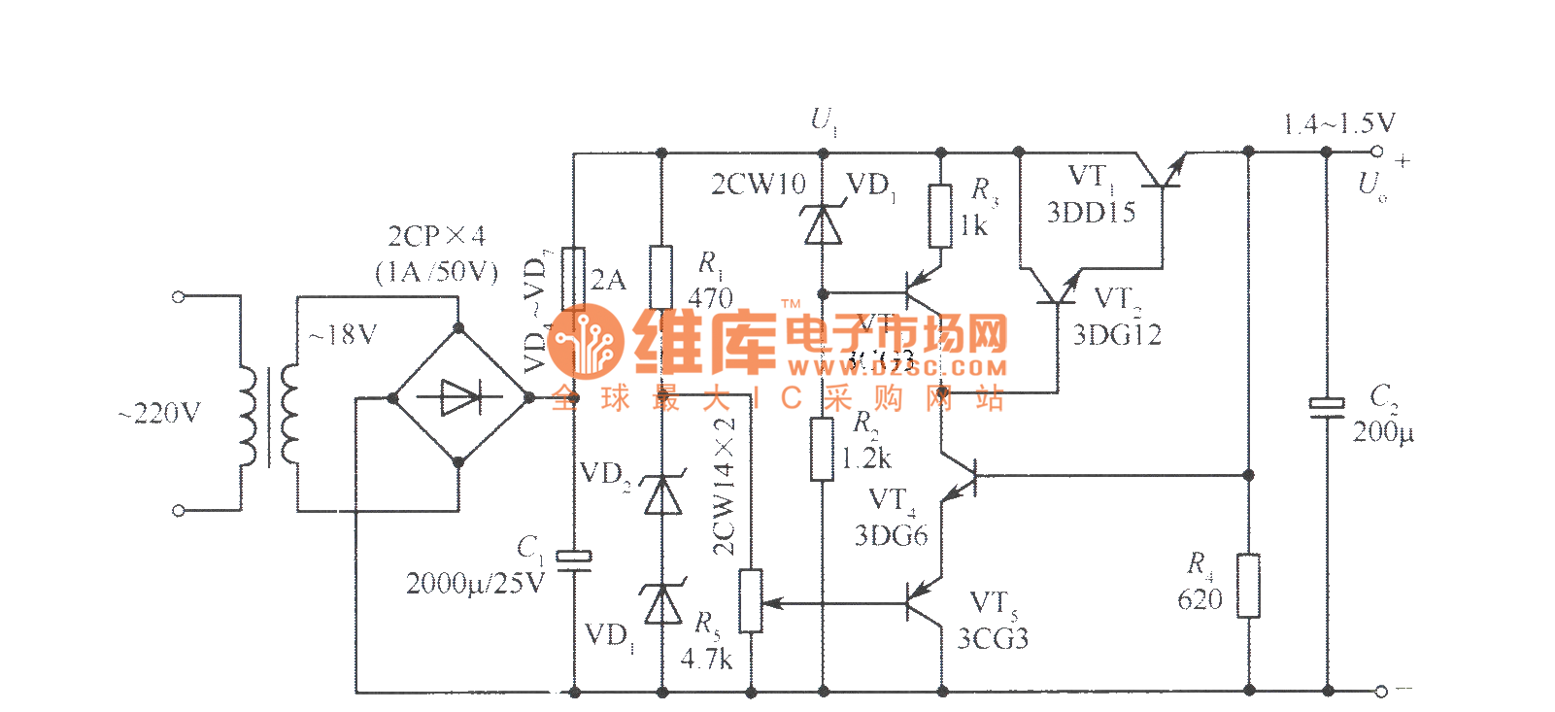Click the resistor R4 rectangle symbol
1248,585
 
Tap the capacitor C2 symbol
1327,408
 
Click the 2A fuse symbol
573,279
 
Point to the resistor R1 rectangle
661,277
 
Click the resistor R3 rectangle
939,216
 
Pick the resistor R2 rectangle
822,449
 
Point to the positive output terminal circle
1376,152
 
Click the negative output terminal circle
1380,691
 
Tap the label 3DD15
1091,213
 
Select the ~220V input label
159,415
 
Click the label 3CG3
993,638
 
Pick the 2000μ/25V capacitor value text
475,583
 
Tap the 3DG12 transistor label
1117,335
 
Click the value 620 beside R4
1200,599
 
